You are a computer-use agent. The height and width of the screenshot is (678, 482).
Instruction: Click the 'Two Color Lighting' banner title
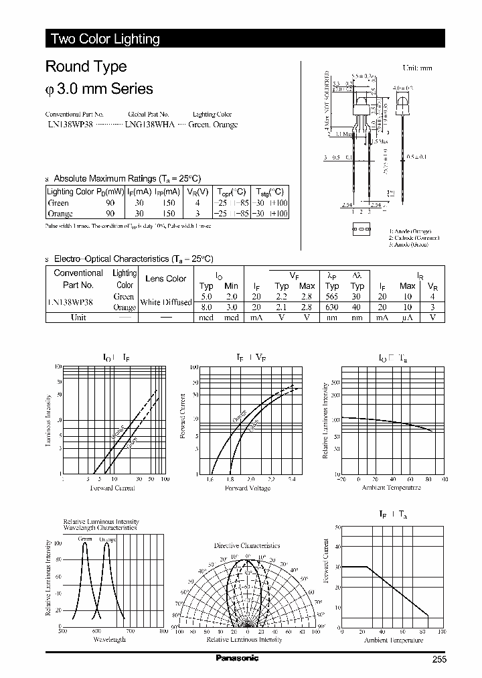105,39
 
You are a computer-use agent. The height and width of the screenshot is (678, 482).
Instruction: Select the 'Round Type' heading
86,67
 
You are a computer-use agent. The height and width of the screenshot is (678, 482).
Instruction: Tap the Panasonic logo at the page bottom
236,659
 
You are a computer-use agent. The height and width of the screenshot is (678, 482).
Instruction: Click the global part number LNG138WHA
149,125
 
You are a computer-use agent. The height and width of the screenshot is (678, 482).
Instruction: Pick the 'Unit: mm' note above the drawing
417,68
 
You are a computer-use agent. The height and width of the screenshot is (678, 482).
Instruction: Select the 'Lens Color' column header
165,279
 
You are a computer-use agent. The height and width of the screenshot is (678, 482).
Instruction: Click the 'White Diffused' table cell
165,303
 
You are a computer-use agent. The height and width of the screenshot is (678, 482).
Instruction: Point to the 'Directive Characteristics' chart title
247,545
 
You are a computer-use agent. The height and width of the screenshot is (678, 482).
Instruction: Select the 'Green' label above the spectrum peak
85,539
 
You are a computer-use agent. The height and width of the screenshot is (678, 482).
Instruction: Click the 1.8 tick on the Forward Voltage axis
230,480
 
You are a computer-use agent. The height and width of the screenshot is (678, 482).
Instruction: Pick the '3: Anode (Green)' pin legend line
409,245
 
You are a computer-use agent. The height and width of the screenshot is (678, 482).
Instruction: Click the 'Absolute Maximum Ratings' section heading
127,179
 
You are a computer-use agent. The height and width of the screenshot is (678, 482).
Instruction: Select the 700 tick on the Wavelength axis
130,632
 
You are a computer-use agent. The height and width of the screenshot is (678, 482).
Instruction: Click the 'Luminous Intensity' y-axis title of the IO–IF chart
48,420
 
